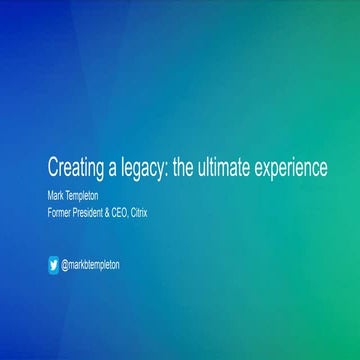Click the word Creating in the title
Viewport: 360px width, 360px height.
click(76, 168)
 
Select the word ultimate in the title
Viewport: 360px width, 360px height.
click(232, 168)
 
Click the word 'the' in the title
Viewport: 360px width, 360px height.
click(185, 168)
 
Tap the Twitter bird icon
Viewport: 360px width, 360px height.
click(53, 265)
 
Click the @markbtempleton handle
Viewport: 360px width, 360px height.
click(91, 265)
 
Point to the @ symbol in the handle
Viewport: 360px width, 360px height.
click(65, 265)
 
